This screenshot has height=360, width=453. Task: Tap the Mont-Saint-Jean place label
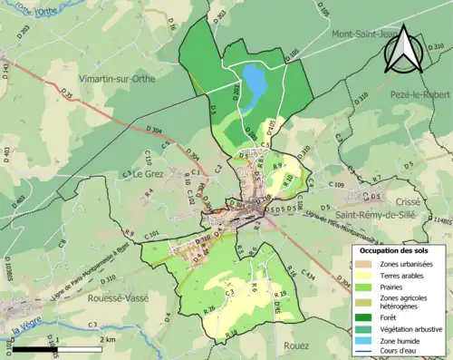pos(364,34)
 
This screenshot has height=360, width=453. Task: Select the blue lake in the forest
pos(255,84)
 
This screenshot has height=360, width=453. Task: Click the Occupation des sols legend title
pos(396,250)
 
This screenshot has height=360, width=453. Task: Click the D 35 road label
pos(66,92)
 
